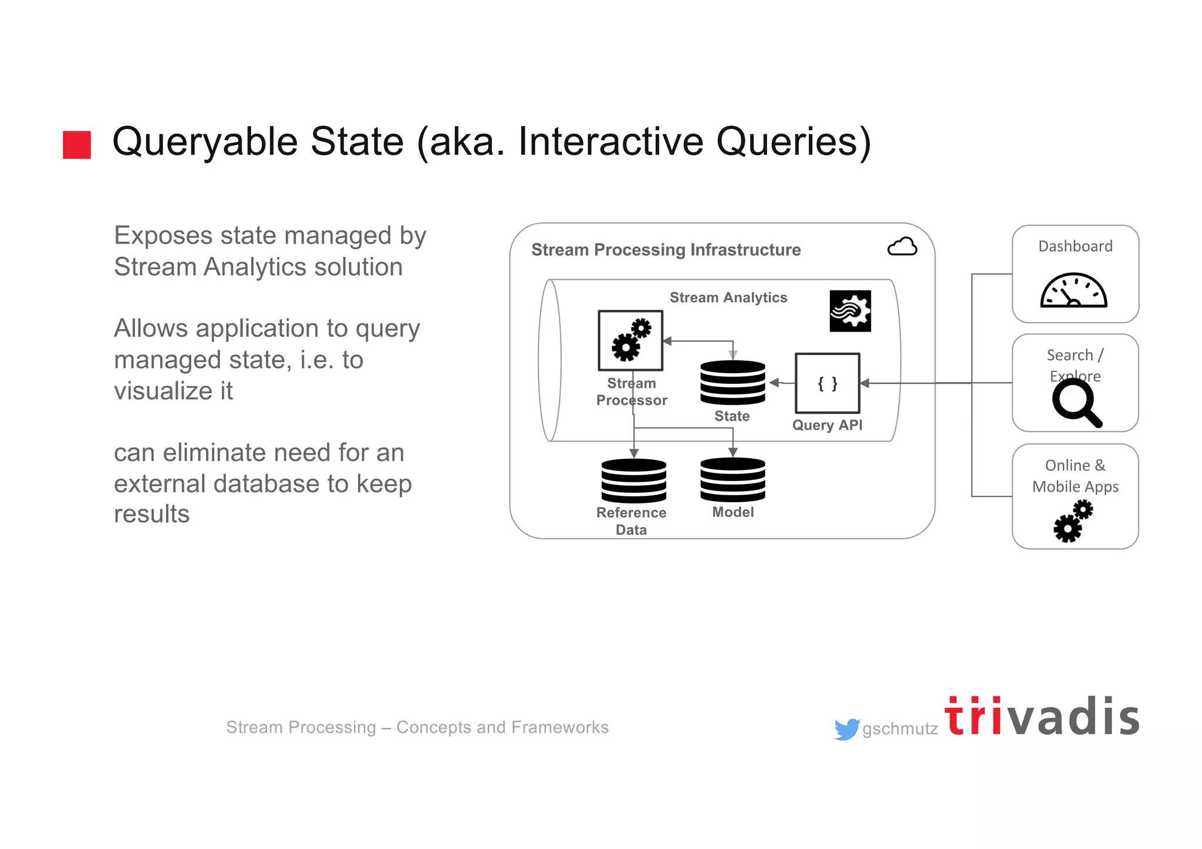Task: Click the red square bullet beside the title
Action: pos(77,145)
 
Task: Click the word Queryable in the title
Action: pos(205,142)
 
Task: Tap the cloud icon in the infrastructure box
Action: pos(902,247)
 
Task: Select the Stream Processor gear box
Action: pos(630,341)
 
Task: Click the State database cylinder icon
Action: pos(732,383)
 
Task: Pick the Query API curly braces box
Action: pos(827,383)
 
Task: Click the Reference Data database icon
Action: pos(633,481)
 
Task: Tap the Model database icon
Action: pos(732,479)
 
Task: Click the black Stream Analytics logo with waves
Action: pos(850,311)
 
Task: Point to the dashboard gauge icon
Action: pos(1073,291)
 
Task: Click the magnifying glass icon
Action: pos(1076,403)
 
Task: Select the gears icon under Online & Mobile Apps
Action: pos(1073,520)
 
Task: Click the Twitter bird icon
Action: pos(846,729)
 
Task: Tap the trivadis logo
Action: pos(1042,717)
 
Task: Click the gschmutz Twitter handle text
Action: pos(900,729)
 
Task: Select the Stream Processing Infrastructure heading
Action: pos(666,250)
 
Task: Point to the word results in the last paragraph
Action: pos(151,514)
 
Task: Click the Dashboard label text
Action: pos(1075,246)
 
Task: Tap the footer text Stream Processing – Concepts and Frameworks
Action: pos(417,728)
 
